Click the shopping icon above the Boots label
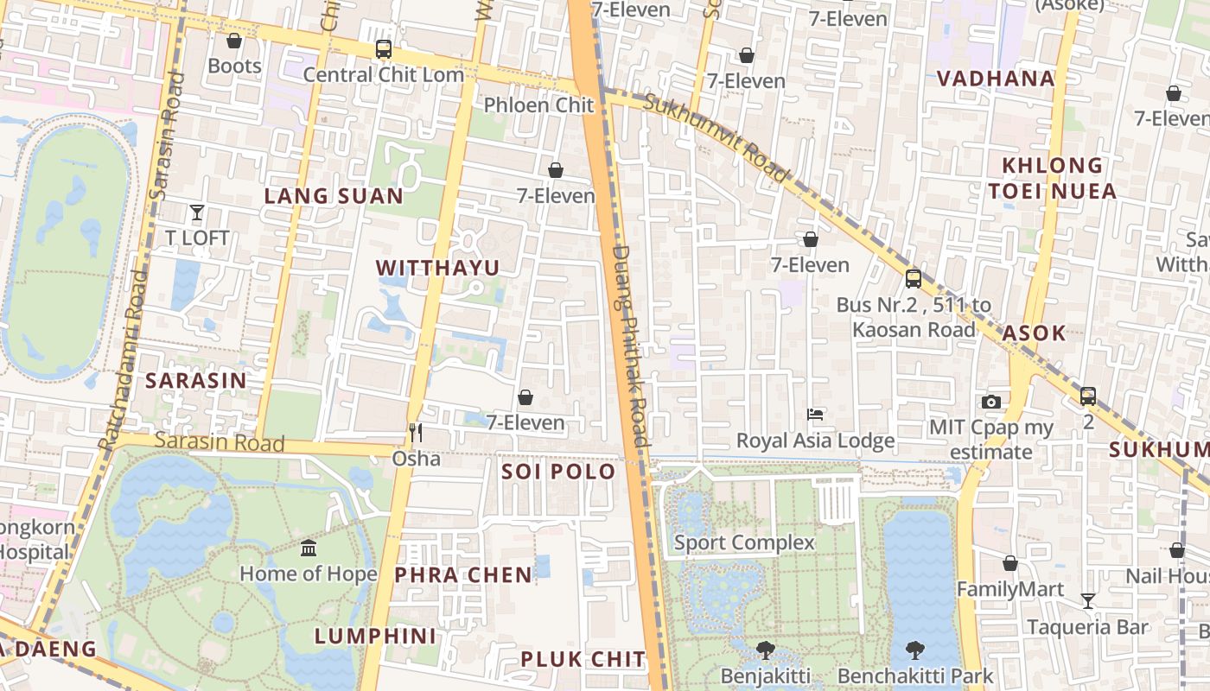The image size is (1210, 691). point(233,41)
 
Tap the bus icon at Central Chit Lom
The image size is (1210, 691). point(384,49)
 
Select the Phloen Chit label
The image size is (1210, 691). point(538,105)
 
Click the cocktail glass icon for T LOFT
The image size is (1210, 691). point(197,212)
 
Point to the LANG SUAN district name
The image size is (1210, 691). point(334,196)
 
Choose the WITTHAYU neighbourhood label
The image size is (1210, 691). point(438,269)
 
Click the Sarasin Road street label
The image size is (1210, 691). point(220,442)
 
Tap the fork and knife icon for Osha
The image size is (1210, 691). point(416,432)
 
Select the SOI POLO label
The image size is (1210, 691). point(558,472)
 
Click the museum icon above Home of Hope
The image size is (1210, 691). point(309,548)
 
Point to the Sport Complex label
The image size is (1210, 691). point(744,542)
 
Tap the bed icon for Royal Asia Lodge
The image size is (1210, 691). point(814,415)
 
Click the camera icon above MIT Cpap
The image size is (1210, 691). point(991,402)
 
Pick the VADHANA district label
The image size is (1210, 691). point(996,79)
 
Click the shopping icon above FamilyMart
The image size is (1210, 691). point(1009,564)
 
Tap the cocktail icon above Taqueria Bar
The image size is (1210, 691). point(1088,601)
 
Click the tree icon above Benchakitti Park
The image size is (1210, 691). point(915,650)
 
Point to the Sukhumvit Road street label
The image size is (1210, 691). point(717,138)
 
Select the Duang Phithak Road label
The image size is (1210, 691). point(629,345)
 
